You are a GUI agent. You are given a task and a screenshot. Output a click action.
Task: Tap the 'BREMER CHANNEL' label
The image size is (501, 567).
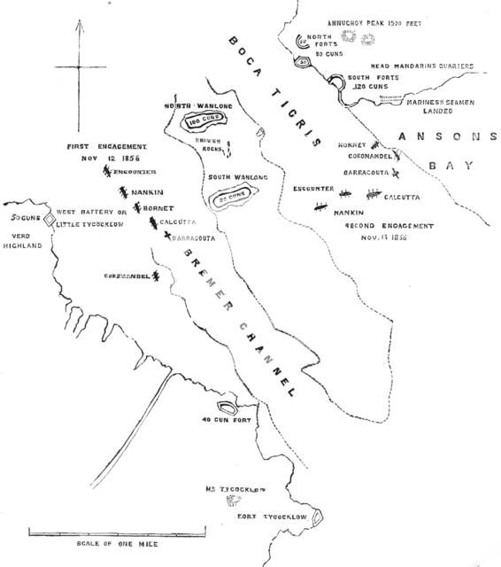coord(237,315)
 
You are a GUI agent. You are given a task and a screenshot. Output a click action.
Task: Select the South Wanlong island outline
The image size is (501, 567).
coord(234,197)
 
